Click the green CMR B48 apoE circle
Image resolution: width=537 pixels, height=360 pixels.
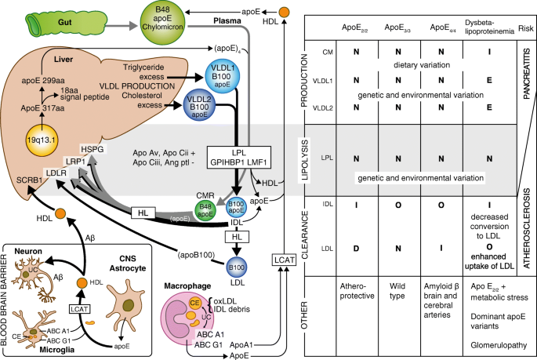[x=205, y=210]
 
